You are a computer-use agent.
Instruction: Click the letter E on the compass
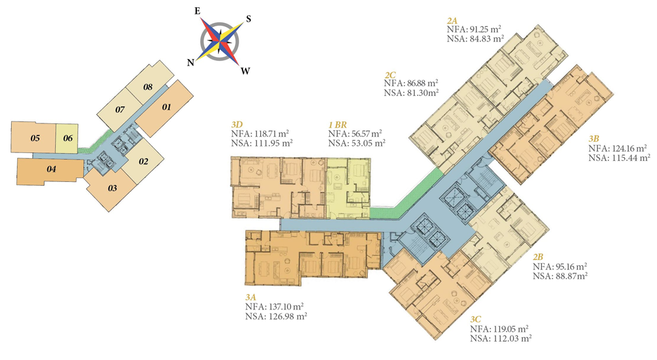tap(196, 11)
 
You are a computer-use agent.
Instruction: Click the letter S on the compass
tap(248, 18)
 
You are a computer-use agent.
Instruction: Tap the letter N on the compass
tap(190, 62)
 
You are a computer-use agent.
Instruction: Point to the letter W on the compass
tap(244, 71)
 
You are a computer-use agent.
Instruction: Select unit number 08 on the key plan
tap(148, 87)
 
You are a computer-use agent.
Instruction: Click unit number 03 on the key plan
tap(112, 189)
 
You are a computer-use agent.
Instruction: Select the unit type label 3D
tap(237, 124)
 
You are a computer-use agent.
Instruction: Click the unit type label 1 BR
tap(339, 124)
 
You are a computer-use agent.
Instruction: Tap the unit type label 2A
tap(452, 20)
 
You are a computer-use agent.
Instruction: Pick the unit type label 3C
tap(478, 319)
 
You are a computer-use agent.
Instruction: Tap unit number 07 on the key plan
tap(120, 109)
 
